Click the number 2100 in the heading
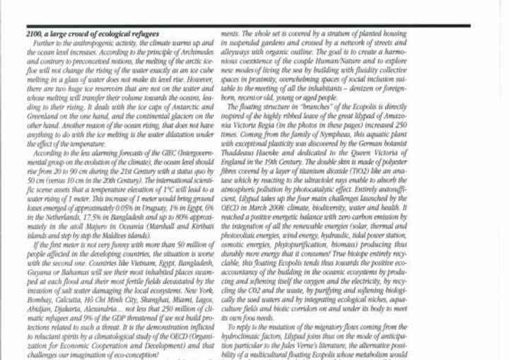click(x=33, y=33)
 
